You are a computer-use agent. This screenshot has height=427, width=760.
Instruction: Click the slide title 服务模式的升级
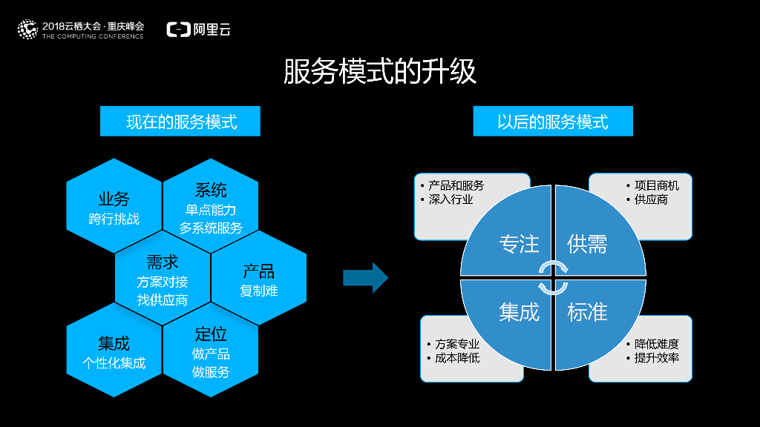tap(379, 72)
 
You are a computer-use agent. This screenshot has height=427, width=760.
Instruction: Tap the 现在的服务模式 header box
tap(180, 121)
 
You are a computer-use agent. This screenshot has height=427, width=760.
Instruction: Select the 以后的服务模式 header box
tap(553, 121)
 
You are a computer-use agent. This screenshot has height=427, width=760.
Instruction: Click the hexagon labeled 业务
tap(114, 208)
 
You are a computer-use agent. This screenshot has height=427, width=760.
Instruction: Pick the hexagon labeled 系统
tap(211, 208)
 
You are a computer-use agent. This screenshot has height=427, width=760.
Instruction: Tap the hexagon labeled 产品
tap(259, 279)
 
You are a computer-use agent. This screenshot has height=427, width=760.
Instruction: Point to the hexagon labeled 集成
tap(114, 351)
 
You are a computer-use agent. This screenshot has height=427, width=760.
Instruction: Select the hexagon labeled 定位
tap(211, 351)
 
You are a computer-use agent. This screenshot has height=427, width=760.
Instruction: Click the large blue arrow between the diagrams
tap(365, 277)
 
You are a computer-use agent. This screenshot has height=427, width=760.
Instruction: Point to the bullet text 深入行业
tap(450, 199)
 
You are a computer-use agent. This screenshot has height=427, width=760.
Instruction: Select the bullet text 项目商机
tap(656, 185)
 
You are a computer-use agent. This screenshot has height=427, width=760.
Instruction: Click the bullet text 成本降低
tap(457, 358)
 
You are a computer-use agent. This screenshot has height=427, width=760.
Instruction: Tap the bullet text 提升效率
tap(656, 358)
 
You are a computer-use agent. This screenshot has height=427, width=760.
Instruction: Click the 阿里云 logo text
tap(212, 30)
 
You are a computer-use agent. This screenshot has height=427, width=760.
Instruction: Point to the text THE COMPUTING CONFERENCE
tap(94, 36)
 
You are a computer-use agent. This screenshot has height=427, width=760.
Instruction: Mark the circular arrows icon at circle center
tap(553, 278)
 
